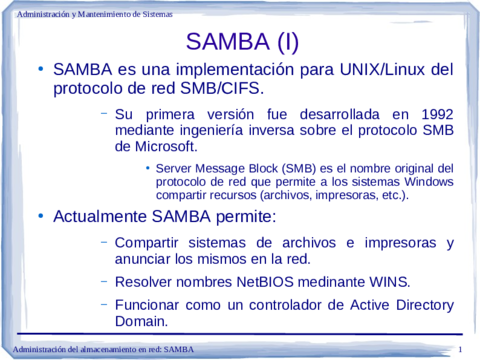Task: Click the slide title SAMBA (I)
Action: pos(241,43)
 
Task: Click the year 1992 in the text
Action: pos(433,113)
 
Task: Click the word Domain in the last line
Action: pos(141,321)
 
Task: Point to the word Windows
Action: pos(428,182)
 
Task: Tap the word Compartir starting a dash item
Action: pos(154,242)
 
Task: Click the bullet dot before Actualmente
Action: pos(41,215)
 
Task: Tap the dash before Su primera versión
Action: pos(104,112)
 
